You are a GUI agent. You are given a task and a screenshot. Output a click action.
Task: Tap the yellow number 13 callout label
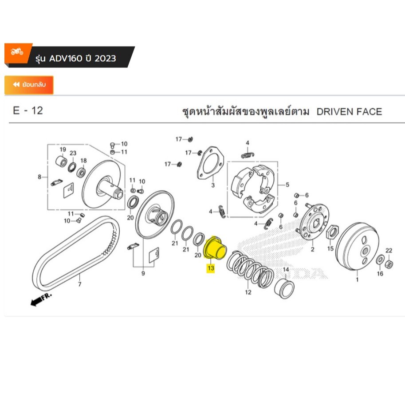210,268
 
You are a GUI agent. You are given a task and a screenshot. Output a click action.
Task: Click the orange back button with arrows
29,85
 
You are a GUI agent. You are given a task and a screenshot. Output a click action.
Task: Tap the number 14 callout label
286,270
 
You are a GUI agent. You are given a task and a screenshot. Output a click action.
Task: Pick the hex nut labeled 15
333,231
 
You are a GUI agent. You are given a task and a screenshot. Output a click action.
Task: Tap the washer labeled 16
380,260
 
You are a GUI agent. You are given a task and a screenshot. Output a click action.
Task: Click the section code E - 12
28,110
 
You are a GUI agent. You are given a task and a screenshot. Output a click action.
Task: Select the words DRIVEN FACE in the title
349,111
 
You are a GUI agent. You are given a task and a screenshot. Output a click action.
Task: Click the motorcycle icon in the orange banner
17,52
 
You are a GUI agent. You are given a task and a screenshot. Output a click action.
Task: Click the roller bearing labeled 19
61,160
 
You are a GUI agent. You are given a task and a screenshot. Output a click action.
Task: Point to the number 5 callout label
287,185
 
